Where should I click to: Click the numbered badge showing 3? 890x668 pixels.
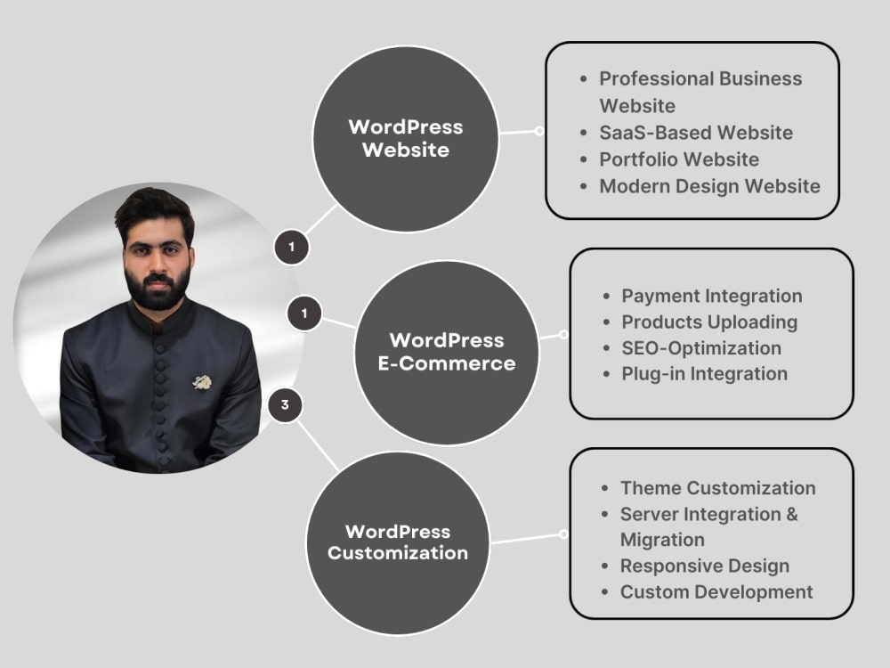(285, 405)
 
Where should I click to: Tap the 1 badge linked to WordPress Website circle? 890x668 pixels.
(292, 247)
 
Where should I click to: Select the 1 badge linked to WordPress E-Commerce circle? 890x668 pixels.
(304, 313)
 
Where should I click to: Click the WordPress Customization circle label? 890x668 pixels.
(398, 542)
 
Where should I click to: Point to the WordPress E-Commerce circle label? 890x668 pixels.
(447, 352)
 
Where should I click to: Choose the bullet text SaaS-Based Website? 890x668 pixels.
(696, 133)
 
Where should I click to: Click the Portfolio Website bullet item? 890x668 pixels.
(679, 159)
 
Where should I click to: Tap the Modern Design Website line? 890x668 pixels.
(709, 186)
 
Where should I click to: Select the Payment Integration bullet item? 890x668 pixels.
(712, 296)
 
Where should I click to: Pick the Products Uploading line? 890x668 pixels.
(709, 322)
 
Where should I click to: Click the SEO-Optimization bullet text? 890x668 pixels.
(701, 348)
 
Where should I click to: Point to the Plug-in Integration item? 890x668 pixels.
(704, 374)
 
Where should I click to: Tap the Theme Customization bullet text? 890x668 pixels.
(718, 488)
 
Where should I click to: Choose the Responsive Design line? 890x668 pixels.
(704, 566)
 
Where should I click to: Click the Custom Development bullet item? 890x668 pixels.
(716, 592)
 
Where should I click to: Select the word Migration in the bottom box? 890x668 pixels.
(662, 540)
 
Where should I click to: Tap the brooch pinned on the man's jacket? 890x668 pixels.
(201, 382)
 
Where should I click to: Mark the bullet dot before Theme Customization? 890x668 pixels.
(604, 488)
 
